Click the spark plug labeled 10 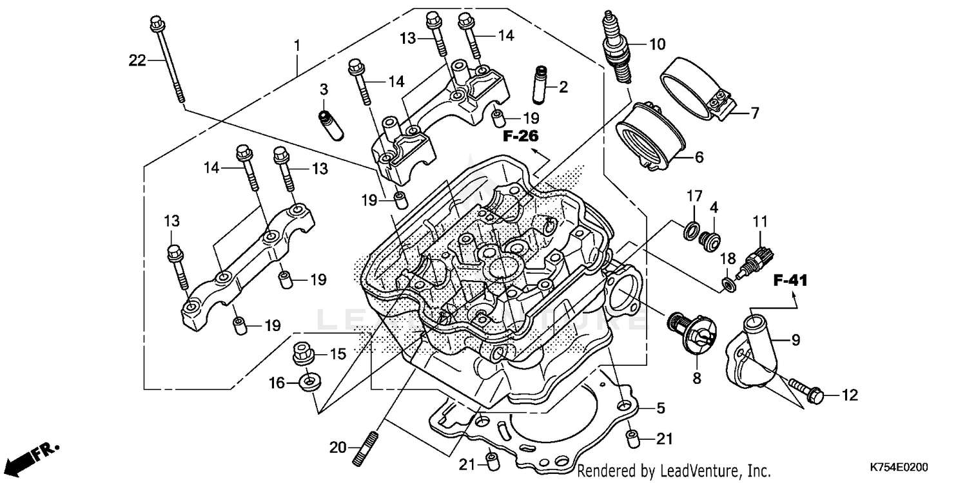pos(615,48)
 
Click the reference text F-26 pos(521,137)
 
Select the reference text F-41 pos(790,280)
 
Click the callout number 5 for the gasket pos(660,407)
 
